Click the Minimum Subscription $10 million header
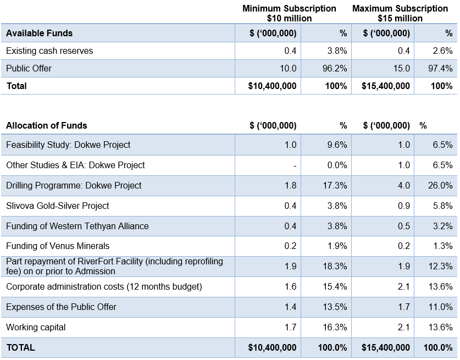point(289,13)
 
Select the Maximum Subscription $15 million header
point(400,13)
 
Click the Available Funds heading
point(40,33)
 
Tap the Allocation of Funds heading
point(47,125)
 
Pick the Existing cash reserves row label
point(49,51)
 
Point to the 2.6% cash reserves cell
point(443,51)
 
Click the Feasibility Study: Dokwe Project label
point(68,145)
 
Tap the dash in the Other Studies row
point(295,166)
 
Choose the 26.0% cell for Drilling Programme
point(440,185)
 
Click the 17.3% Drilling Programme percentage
point(335,185)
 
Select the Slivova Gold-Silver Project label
point(58,206)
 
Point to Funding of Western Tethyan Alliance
point(77,226)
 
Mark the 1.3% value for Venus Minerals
point(443,246)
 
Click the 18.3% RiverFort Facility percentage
point(335,266)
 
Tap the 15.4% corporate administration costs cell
point(335,286)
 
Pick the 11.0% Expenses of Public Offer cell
point(441,307)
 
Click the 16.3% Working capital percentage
point(335,327)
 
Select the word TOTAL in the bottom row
point(21,348)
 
